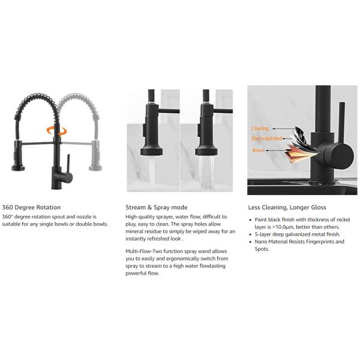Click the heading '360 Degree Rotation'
(x=31, y=208)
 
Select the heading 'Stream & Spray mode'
(x=156, y=208)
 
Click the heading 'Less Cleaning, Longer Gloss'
(x=287, y=208)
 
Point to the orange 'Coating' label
(x=260, y=128)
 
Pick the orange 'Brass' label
(x=258, y=150)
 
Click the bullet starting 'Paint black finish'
(x=300, y=223)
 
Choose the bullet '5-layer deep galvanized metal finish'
(x=296, y=235)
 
